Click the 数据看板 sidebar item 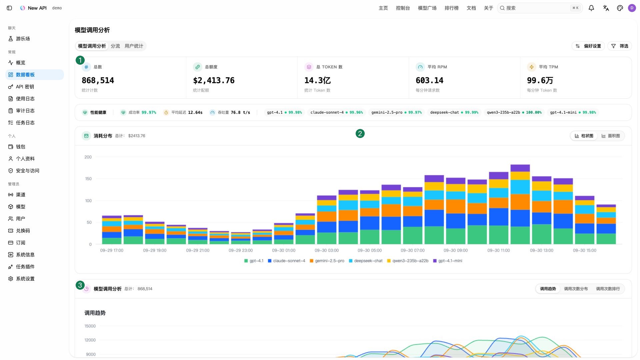(x=35, y=75)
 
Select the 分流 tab (x=115, y=46)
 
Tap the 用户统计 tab (x=134, y=46)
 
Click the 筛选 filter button (x=620, y=46)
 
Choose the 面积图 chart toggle (x=611, y=136)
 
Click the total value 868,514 (x=98, y=80)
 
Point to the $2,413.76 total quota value (x=214, y=80)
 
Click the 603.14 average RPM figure (x=429, y=80)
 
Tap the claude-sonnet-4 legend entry (x=287, y=261)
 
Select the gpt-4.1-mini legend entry (x=448, y=261)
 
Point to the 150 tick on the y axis (x=88, y=179)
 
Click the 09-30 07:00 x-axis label (x=413, y=250)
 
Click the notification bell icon (x=591, y=8)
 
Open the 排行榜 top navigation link (x=452, y=8)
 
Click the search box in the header (x=540, y=8)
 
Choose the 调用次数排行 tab (x=608, y=289)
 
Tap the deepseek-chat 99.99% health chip (x=454, y=112)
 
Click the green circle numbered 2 (x=360, y=134)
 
